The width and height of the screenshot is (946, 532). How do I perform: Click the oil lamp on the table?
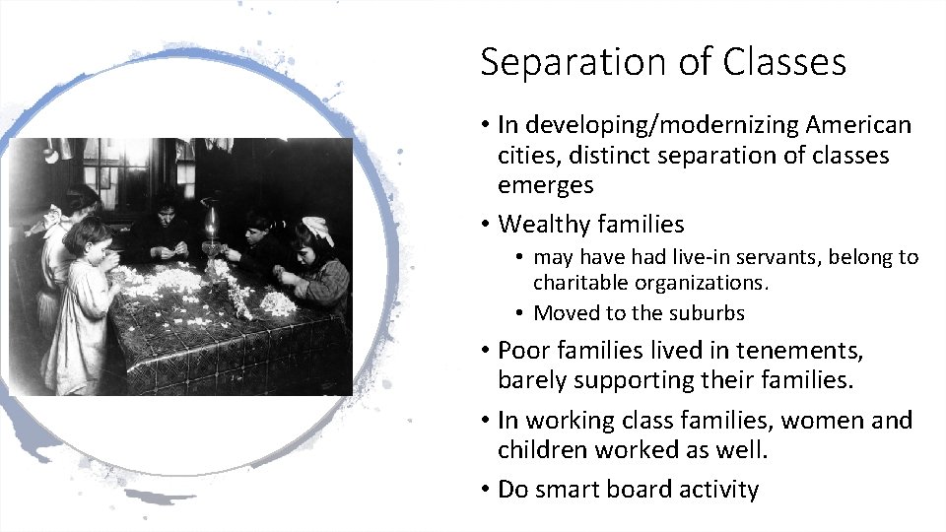point(210,225)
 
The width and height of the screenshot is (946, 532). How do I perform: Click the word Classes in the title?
point(784,62)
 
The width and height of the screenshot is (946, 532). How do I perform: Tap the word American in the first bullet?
point(858,125)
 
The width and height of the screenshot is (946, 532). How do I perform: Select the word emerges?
point(545,185)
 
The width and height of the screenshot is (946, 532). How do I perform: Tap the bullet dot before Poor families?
point(487,352)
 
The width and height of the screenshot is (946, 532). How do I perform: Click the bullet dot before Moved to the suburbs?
point(521,314)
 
